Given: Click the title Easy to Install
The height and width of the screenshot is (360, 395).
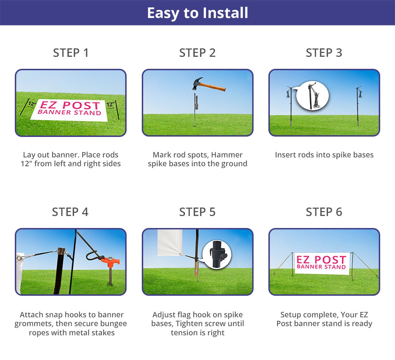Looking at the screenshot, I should click(x=197, y=13).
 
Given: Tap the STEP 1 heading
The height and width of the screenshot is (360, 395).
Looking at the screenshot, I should click(x=71, y=53).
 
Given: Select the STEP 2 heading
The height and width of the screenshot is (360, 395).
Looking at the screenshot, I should click(x=197, y=53).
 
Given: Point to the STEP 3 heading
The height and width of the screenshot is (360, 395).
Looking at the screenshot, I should click(x=324, y=53).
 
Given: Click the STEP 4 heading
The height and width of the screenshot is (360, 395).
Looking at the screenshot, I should click(x=70, y=212).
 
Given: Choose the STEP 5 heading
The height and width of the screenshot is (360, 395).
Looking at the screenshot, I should click(x=197, y=212).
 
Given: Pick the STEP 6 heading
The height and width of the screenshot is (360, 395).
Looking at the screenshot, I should click(x=324, y=212).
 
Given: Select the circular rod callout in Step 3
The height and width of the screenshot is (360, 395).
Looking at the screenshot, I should click(x=312, y=96).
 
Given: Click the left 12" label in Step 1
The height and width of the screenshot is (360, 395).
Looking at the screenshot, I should click(x=32, y=104).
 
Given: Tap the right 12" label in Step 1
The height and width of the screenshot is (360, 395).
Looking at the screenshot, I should click(x=110, y=104).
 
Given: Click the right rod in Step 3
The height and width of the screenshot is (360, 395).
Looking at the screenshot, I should click(x=358, y=106).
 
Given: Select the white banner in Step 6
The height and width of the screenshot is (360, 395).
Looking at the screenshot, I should click(x=321, y=263).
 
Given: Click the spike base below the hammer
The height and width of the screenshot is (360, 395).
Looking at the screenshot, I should click(x=196, y=106).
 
